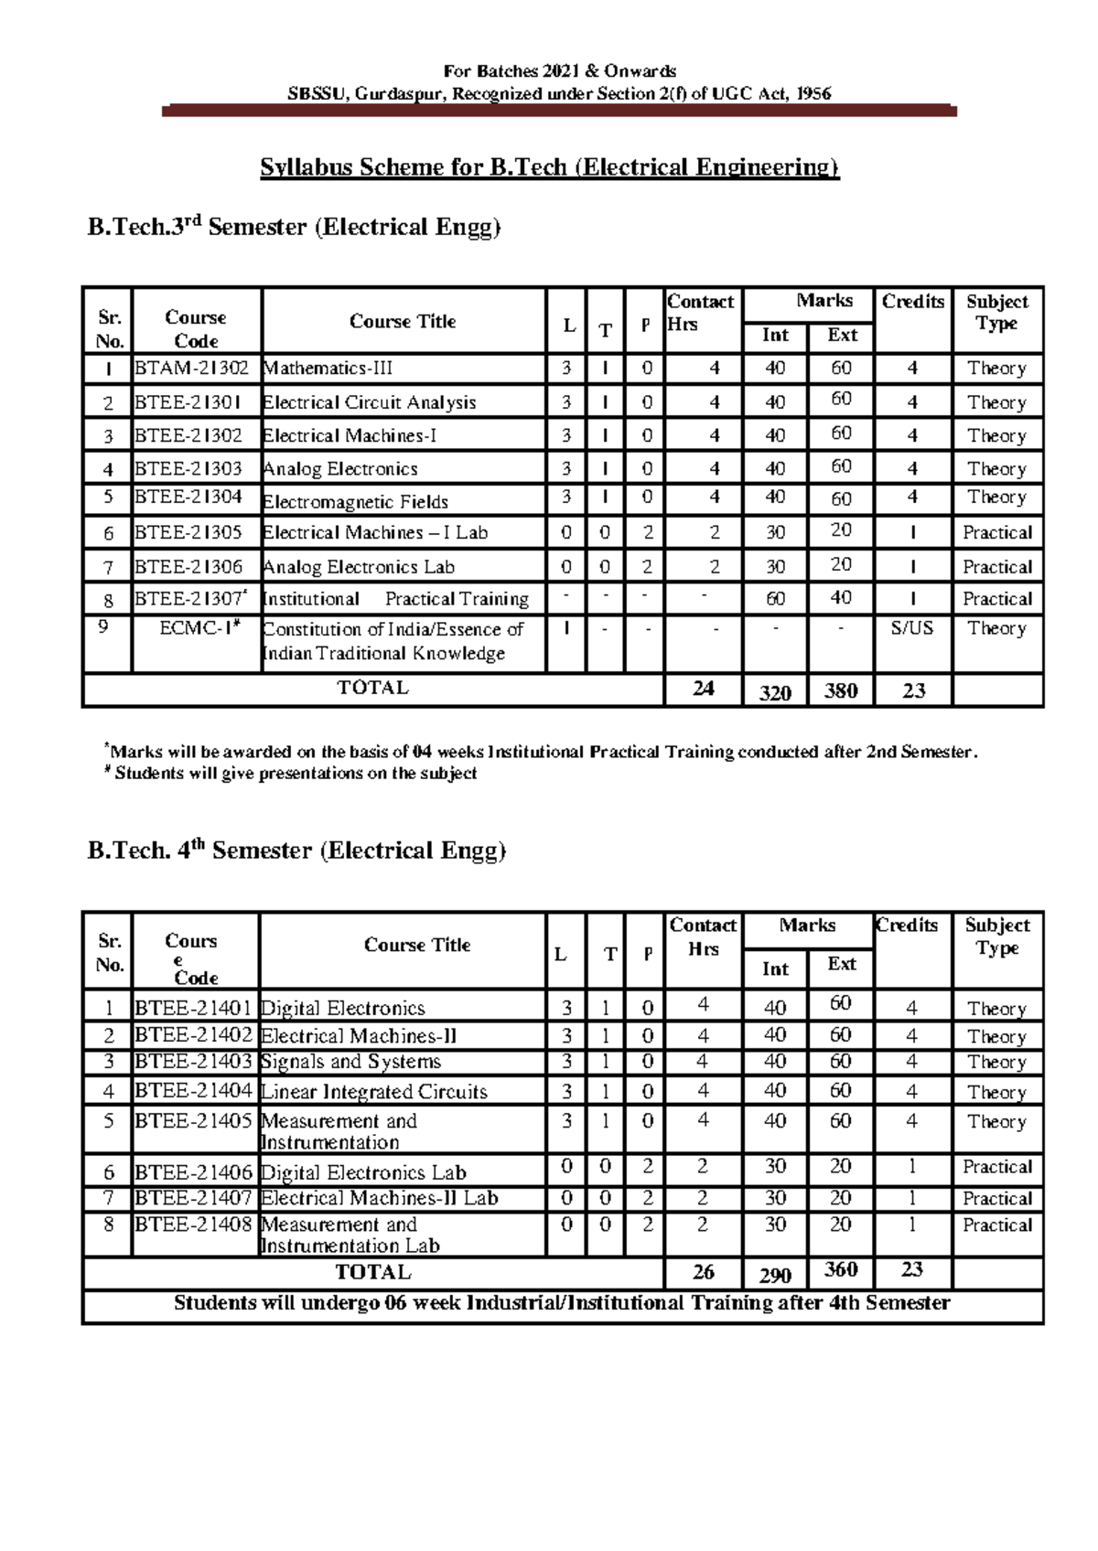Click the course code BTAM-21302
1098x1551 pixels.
[191, 369]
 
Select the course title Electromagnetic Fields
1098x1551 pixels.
[355, 501]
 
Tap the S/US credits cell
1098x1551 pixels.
[911, 628]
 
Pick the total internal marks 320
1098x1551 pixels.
[774, 692]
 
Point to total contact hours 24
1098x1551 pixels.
[703, 689]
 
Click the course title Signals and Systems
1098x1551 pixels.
[350, 1062]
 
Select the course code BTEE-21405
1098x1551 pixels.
[193, 1120]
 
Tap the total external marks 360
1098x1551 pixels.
[840, 1269]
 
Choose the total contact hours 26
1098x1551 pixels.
[703, 1272]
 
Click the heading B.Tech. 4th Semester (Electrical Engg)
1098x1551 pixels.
[296, 850]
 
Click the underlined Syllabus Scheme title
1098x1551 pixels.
[549, 167]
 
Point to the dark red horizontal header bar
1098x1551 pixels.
[559, 112]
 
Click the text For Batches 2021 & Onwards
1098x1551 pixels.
[559, 71]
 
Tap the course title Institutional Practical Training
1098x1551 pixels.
[395, 599]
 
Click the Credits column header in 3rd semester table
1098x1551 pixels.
[912, 302]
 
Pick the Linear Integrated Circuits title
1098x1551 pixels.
[373, 1092]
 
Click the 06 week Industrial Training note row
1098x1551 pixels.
[562, 1303]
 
